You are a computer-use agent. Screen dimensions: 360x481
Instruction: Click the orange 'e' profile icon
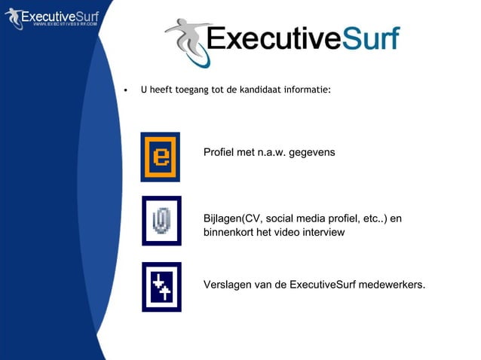(x=160, y=157)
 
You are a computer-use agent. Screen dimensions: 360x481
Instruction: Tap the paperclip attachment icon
(x=161, y=221)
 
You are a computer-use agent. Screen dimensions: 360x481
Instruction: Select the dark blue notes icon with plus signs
(x=161, y=286)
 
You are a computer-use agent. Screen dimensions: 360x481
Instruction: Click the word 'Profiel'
(x=219, y=152)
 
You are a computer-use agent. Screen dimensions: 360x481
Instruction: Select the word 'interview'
(x=323, y=232)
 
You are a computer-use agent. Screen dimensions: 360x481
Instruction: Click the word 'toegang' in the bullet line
(x=191, y=90)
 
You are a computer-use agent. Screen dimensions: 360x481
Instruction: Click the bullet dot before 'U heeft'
(x=126, y=91)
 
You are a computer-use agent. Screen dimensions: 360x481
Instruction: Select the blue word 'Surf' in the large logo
(x=370, y=38)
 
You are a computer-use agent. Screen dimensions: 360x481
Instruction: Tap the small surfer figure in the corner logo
(x=12, y=17)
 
